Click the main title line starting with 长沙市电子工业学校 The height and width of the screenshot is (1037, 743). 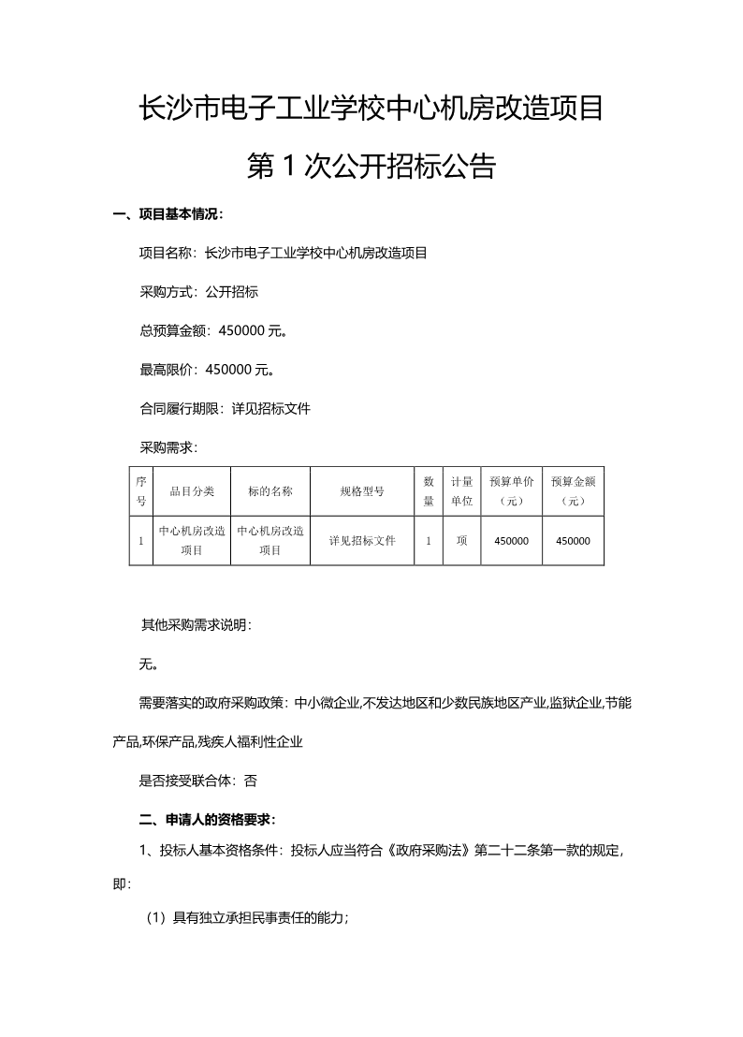pos(371,109)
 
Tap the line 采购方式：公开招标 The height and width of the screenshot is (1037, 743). pos(198,292)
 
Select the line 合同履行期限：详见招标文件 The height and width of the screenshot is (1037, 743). pos(225,409)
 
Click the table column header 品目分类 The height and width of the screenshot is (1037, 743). pos(191,490)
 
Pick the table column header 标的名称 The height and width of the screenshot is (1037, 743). pos(270,490)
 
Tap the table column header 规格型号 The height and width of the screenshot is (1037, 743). pos(362,490)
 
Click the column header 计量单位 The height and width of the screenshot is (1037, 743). pos(461,490)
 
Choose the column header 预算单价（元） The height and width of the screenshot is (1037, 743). pos(511,490)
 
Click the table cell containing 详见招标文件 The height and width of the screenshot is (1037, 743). pos(362,541)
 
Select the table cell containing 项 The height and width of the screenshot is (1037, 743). pos(461,541)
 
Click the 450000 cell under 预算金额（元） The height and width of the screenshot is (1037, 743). pos(573,541)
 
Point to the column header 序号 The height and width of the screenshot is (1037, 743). pos(140,490)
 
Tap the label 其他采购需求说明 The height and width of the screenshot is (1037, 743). pos(196,624)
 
